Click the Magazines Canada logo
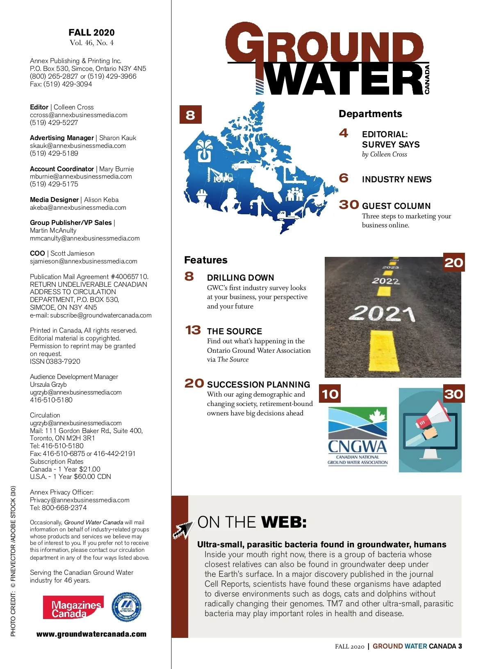tap(73, 608)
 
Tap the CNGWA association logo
tap(358, 436)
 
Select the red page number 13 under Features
tap(193, 330)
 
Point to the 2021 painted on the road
tap(382, 313)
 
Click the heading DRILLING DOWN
tap(240, 278)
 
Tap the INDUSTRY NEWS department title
tap(396, 179)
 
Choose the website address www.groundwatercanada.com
tap(91, 634)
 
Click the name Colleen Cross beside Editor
tap(74, 107)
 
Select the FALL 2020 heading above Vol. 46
tap(91, 33)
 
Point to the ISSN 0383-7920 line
tap(55, 361)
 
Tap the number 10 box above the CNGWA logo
tap(330, 394)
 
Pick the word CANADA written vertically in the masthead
tap(427, 79)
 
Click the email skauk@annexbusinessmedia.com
tap(78, 146)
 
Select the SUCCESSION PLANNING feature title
tap(258, 385)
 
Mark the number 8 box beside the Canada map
tap(190, 115)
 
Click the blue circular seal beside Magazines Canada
tap(127, 607)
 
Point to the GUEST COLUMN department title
tap(396, 206)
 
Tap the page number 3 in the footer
tap(460, 646)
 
